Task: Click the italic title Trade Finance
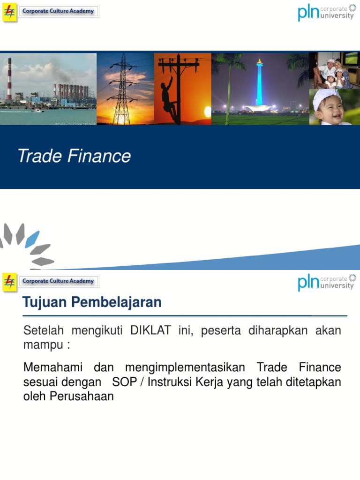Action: click(x=74, y=156)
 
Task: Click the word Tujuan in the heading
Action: click(x=45, y=303)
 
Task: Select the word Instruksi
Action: click(x=169, y=382)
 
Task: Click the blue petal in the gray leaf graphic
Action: click(x=32, y=239)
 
